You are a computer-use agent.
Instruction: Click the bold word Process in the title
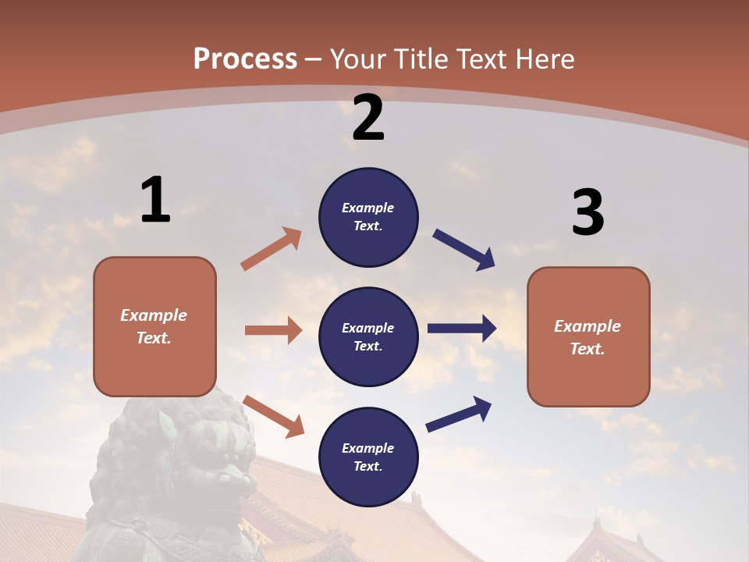pyautogui.click(x=245, y=59)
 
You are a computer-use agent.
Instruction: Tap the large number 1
pyautogui.click(x=155, y=201)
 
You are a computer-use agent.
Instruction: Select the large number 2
pyautogui.click(x=368, y=118)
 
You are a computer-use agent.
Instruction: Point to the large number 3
pyautogui.click(x=587, y=212)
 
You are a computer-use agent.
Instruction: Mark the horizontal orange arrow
pyautogui.click(x=273, y=330)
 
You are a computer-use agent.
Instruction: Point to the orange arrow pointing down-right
pyautogui.click(x=273, y=416)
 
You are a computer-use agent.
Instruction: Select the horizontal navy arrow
pyautogui.click(x=461, y=329)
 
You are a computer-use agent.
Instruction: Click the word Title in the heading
pyautogui.click(x=423, y=59)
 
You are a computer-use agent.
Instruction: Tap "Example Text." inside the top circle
pyautogui.click(x=368, y=217)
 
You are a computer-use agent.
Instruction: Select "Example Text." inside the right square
pyautogui.click(x=587, y=337)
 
